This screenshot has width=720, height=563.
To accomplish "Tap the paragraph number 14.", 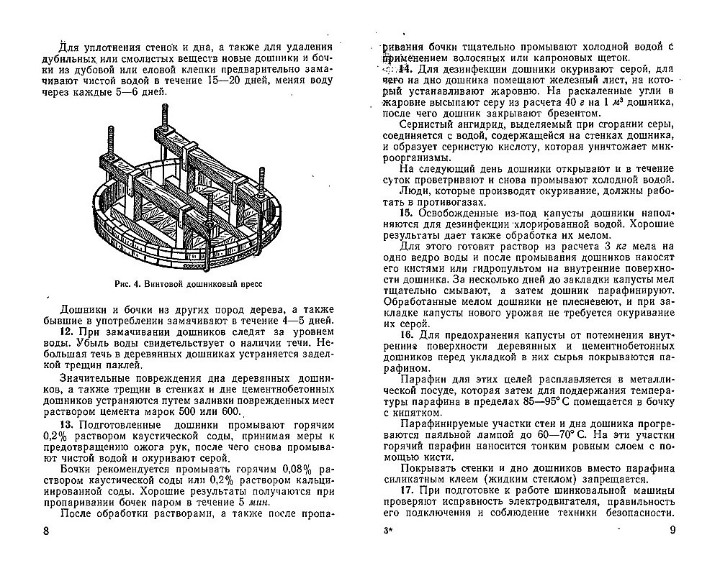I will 404,68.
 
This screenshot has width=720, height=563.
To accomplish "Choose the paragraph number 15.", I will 404,214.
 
